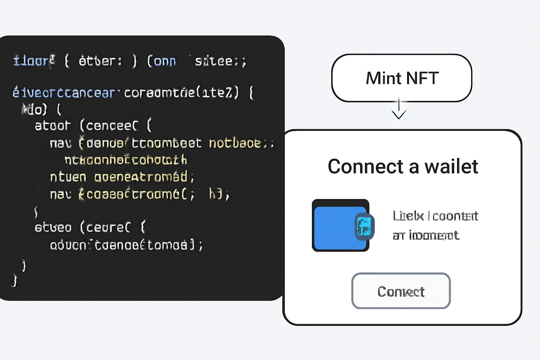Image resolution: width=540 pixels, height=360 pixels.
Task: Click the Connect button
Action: (x=401, y=291)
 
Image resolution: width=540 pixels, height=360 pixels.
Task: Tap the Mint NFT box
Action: (x=401, y=78)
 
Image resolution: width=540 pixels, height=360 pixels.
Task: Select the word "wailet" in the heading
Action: (x=451, y=167)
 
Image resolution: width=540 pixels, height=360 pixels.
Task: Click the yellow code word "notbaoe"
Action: (x=235, y=143)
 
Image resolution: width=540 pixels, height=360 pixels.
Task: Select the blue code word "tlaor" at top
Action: (x=33, y=61)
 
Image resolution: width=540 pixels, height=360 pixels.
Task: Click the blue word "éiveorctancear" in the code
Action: (x=64, y=93)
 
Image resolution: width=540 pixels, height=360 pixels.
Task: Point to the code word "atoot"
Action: (x=52, y=126)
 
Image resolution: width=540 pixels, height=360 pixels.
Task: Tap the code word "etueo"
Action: (x=53, y=227)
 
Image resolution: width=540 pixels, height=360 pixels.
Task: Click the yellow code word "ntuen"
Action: (x=68, y=177)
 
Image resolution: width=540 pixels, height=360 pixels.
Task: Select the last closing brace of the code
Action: (x=14, y=281)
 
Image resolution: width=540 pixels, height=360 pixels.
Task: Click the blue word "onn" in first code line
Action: (x=165, y=61)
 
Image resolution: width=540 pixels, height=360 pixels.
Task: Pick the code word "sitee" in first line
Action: (x=214, y=61)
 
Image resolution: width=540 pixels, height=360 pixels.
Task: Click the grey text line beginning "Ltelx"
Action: (x=435, y=216)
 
